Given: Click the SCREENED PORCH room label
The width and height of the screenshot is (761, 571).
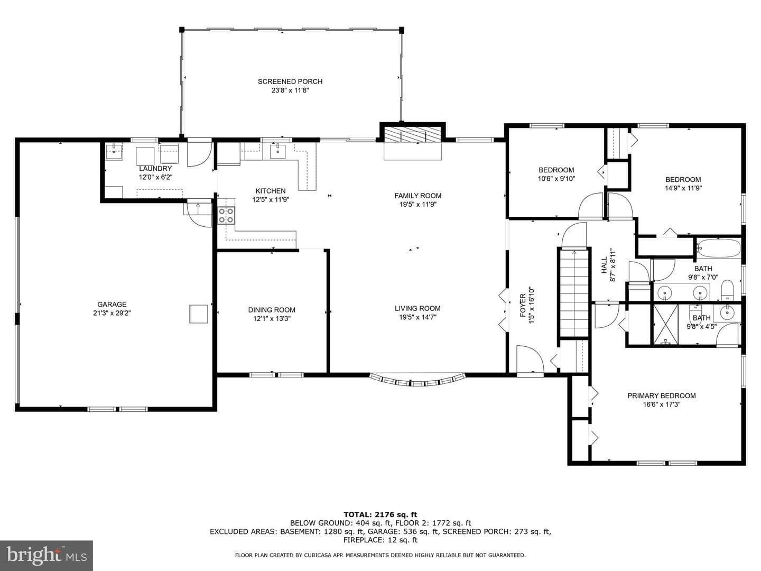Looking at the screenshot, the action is point(290,81).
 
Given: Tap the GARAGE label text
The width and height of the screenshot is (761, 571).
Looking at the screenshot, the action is point(112,305).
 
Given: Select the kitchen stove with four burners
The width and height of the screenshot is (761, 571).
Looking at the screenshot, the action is point(226,215).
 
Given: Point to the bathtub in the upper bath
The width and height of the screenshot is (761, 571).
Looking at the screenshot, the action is point(718,248).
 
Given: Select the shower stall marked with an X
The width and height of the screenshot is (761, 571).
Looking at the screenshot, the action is point(665,325).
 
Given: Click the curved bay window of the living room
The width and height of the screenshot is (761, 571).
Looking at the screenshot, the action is point(417,380).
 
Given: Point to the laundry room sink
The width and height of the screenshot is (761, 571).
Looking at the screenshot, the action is point(114,152).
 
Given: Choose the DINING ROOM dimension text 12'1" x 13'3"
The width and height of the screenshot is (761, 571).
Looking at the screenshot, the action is point(272,319).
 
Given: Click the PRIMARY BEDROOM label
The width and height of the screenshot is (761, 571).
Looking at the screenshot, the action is point(662,395).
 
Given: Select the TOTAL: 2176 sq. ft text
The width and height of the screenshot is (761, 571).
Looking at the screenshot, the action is point(380,514).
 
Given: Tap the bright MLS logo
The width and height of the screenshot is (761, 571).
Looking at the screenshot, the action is point(46,555).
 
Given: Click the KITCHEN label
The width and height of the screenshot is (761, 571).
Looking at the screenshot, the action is point(271,191).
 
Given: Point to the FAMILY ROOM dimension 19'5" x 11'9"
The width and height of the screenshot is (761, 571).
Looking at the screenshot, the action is point(418,205).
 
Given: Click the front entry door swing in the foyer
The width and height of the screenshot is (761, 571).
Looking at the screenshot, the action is point(530,361).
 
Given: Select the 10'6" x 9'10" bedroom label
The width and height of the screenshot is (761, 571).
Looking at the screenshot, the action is point(556,174).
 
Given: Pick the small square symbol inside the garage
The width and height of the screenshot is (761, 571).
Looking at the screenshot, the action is point(198,314).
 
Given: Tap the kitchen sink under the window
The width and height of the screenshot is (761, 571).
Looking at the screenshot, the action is point(277,151).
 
